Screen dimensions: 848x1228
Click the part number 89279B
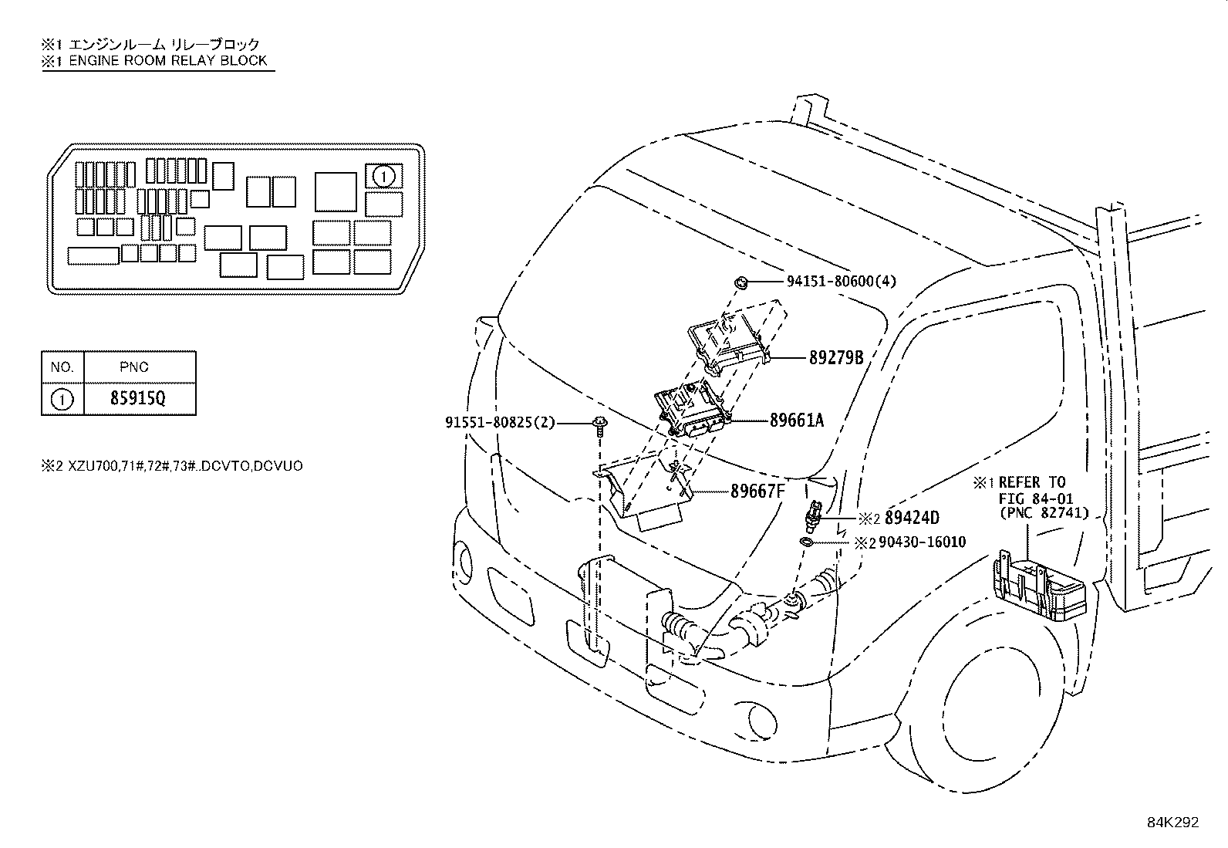(x=835, y=358)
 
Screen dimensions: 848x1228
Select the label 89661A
(x=796, y=421)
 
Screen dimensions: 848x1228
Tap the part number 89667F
(x=757, y=491)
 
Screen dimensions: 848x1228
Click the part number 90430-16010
(x=922, y=542)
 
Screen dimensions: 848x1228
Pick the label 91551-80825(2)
(x=500, y=423)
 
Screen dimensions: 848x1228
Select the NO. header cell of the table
(x=62, y=367)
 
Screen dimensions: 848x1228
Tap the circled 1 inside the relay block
(x=383, y=177)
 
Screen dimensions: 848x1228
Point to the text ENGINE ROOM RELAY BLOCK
(x=167, y=60)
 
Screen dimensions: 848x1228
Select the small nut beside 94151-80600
(x=741, y=282)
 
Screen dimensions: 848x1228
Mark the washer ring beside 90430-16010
(x=806, y=543)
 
